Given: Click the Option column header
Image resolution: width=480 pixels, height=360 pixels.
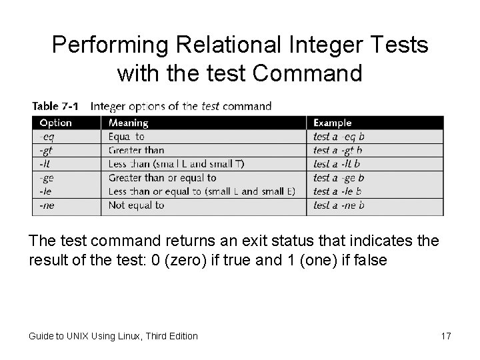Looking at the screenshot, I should (x=56, y=123).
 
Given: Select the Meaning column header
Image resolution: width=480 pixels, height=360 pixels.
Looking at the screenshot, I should (x=129, y=123).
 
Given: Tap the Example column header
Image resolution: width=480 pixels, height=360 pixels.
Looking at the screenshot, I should (x=332, y=123).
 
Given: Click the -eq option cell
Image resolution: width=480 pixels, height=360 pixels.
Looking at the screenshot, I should (x=47, y=137).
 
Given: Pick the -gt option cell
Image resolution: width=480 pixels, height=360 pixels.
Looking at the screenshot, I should (x=47, y=150).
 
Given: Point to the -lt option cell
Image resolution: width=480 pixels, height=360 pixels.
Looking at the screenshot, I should (x=45, y=163).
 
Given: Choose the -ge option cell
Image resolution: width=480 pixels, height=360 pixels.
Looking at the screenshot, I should (x=47, y=178).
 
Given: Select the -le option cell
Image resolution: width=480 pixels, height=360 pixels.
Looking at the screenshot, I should (x=46, y=191).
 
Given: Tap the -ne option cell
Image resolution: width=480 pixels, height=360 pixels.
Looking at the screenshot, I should (x=47, y=205).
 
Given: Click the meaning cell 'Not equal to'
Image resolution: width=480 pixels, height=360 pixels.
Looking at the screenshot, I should (x=136, y=205).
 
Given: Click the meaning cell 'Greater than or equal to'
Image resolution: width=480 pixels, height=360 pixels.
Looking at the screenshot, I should (x=162, y=178).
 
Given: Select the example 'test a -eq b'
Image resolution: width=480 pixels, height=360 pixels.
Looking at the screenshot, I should (x=339, y=137).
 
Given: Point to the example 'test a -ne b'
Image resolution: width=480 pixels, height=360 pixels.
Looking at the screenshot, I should (x=339, y=205).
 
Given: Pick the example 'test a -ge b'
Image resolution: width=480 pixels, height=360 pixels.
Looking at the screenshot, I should (x=339, y=178).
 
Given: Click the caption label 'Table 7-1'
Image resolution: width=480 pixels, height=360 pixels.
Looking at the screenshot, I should (x=55, y=106).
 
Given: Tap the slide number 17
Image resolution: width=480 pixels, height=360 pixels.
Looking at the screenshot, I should (x=446, y=336).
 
